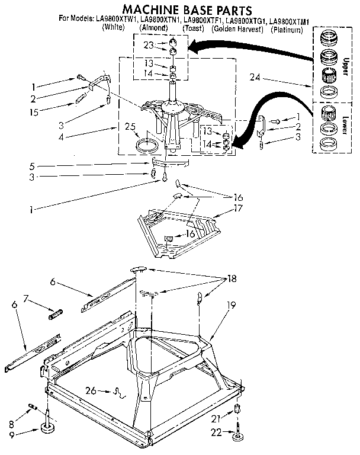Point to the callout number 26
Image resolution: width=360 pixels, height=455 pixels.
91,389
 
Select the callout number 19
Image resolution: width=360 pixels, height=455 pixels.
232,306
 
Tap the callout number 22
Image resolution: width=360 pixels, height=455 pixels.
217,433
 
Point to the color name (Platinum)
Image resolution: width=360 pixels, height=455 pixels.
290,28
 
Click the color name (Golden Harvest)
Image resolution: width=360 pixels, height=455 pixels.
237,28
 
